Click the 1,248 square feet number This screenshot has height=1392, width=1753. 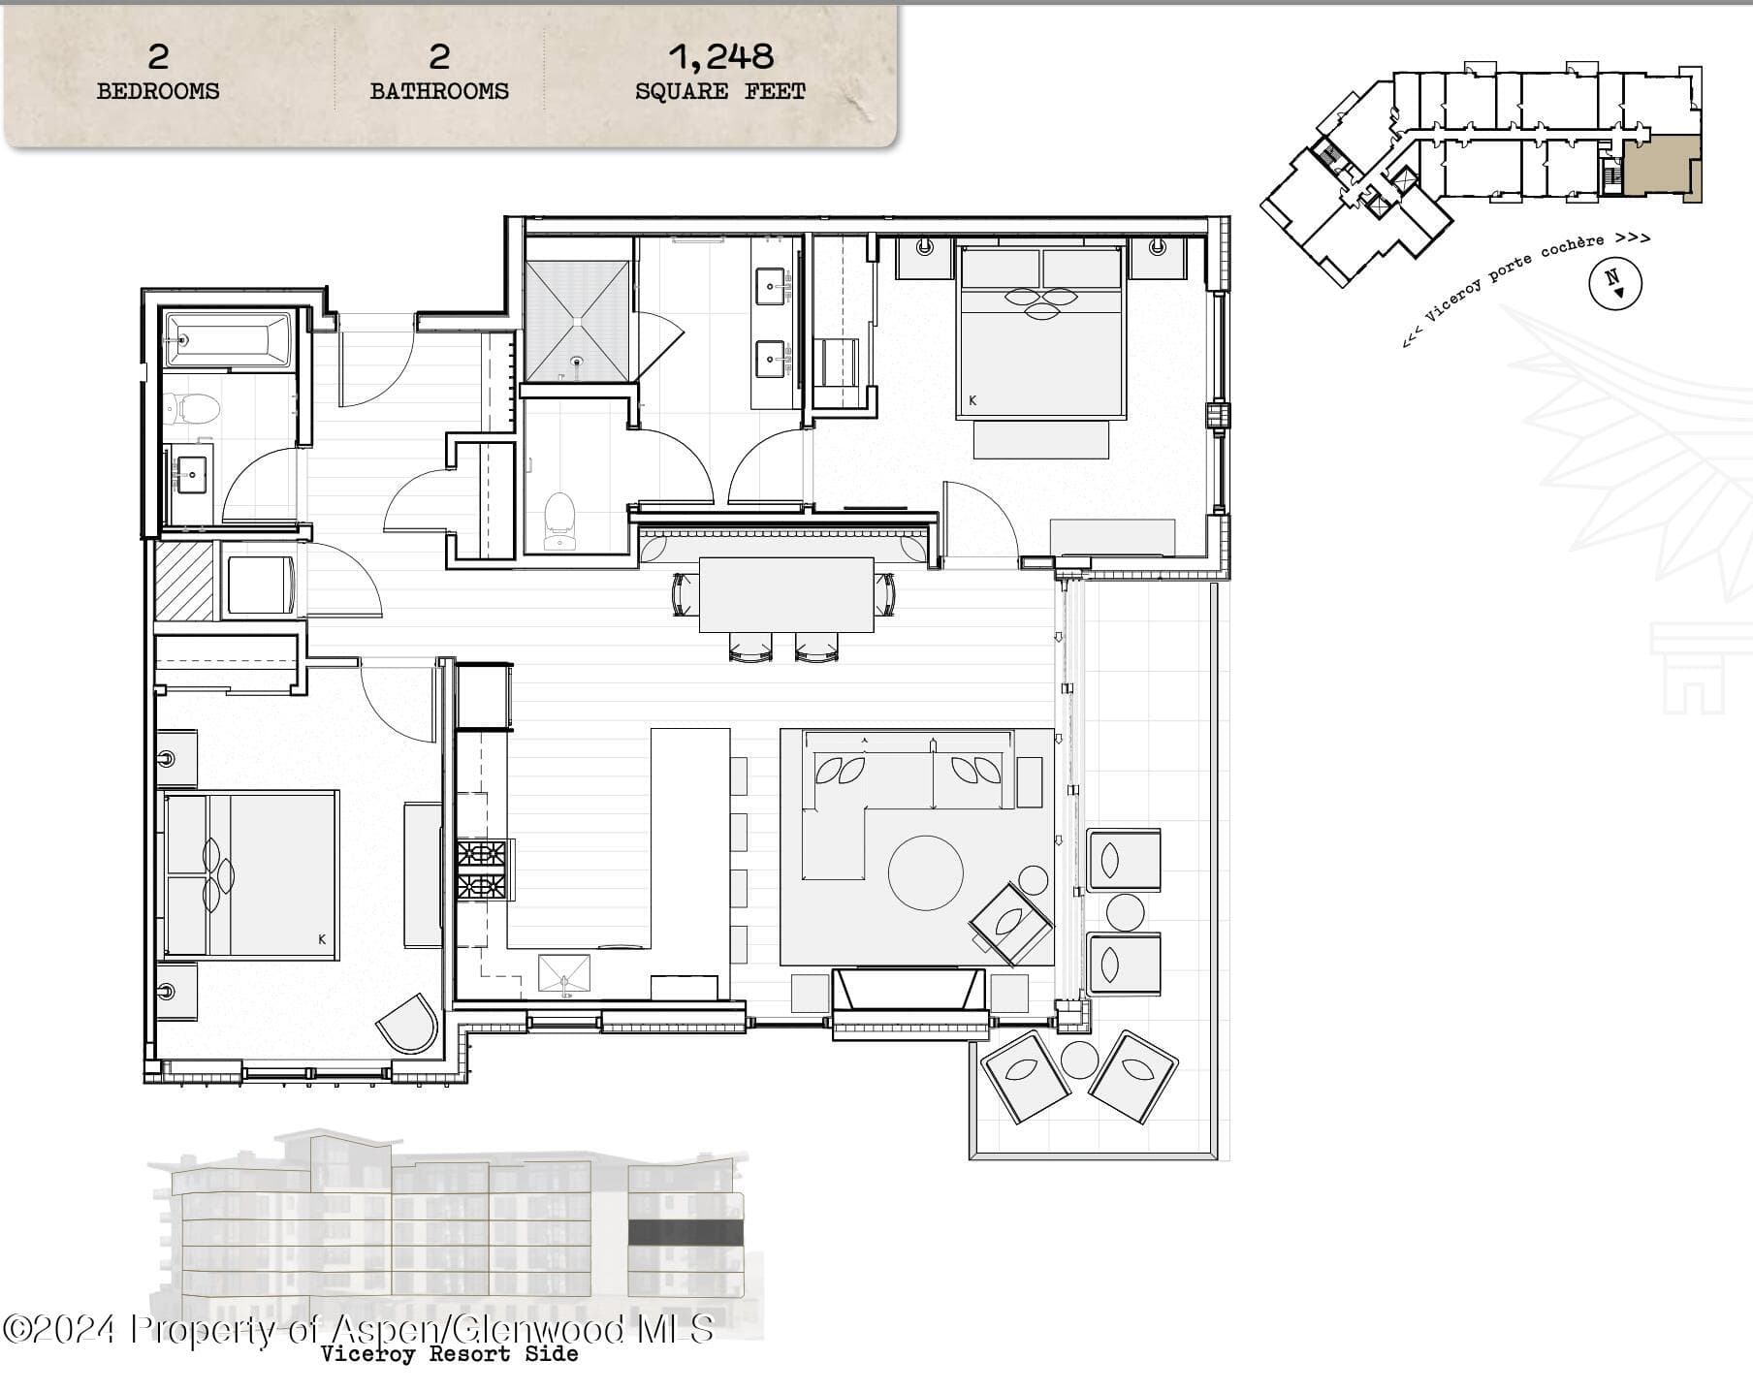(x=720, y=57)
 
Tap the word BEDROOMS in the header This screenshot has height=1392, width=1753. (x=158, y=91)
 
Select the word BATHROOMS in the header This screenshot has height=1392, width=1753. (x=439, y=91)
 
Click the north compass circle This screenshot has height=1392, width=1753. (x=1614, y=283)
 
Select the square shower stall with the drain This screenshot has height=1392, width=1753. (x=578, y=321)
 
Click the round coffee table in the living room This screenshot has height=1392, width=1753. (x=926, y=872)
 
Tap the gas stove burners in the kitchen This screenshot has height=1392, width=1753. (x=482, y=870)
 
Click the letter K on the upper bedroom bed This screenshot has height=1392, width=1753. (x=972, y=400)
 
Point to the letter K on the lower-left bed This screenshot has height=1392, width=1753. (x=322, y=938)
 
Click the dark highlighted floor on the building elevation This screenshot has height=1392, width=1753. (x=685, y=1232)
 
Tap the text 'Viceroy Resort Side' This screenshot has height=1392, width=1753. (x=450, y=1354)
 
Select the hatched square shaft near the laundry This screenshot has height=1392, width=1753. (x=184, y=580)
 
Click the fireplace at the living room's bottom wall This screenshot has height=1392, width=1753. (x=909, y=992)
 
